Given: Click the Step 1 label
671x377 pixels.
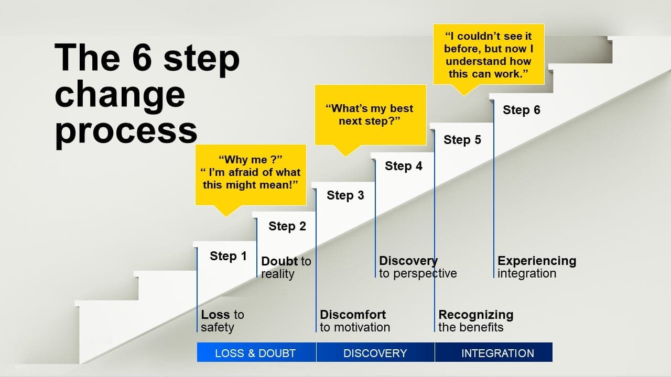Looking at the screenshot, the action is [228, 257].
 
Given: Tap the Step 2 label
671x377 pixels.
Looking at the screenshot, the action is [287, 227].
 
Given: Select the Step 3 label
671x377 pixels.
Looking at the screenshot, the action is [345, 196].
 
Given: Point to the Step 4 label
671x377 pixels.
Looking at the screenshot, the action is [404, 167].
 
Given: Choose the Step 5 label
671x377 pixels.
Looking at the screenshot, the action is [462, 140].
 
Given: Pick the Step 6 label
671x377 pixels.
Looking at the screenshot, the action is [522, 110].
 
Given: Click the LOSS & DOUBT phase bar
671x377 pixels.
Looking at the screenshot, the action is [256, 352].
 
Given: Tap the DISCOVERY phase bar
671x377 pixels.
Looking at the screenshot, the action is [375, 352].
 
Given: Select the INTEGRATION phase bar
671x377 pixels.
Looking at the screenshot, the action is [494, 352].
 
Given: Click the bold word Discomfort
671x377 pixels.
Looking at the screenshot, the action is [353, 315].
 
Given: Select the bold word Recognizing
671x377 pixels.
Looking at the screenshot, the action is [476, 315].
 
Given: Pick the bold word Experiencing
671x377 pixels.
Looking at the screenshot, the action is [537, 261].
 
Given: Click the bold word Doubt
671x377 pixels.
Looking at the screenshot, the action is [279, 261].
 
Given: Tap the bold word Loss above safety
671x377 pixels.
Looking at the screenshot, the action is [215, 315].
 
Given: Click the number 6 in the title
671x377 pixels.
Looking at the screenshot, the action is [142, 57].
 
